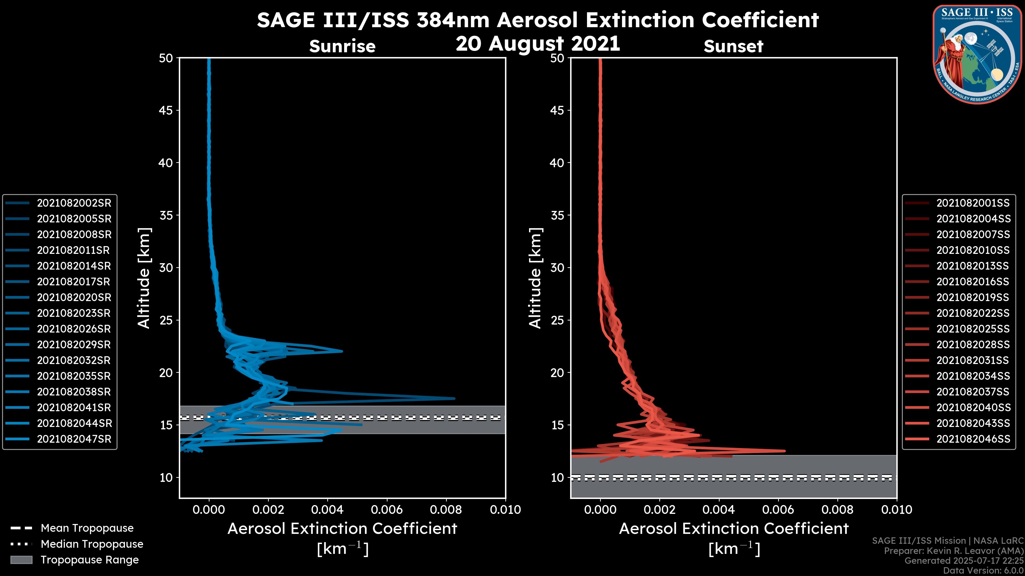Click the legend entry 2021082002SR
pos(74,203)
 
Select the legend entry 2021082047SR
pos(74,439)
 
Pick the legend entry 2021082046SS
pos(973,439)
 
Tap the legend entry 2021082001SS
pos(973,203)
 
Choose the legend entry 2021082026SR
pos(74,329)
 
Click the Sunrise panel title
pos(342,46)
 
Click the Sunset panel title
pos(733,46)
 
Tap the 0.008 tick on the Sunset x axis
pos(838,510)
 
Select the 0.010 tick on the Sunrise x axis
pos(505,510)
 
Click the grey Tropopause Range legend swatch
pos(21,560)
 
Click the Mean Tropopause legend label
pos(87,528)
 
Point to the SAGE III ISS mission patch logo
pos(977,54)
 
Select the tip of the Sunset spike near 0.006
pos(785,451)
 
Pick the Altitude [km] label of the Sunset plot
pos(535,278)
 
